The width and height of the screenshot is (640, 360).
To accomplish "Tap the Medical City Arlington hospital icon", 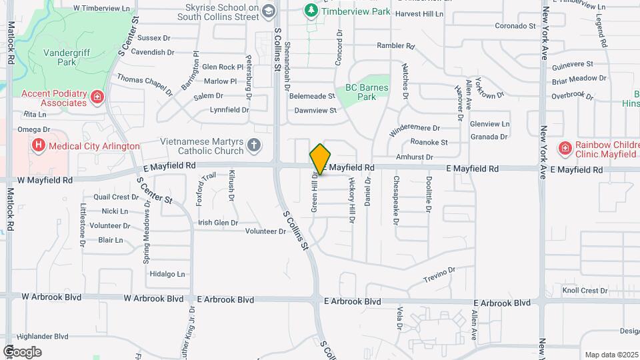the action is pyautogui.click(x=39, y=145).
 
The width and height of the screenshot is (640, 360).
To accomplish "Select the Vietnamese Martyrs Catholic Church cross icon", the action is pyautogui.click(x=253, y=144).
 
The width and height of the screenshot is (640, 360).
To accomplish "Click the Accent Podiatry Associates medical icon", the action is pyautogui.click(x=97, y=98).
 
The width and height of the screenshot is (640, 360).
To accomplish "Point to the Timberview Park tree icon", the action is pyautogui.click(x=311, y=10).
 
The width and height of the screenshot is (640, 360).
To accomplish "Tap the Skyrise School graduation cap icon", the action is pyautogui.click(x=268, y=10).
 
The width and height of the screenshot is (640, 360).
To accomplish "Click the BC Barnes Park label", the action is pyautogui.click(x=362, y=93).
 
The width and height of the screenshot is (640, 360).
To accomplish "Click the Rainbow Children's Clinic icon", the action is pyautogui.click(x=565, y=148).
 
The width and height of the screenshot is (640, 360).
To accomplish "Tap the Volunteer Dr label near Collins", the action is pyautogui.click(x=265, y=231).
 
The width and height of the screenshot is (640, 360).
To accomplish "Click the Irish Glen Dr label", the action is pyautogui.click(x=218, y=223).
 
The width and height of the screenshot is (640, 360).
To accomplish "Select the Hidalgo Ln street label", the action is pyautogui.click(x=167, y=274).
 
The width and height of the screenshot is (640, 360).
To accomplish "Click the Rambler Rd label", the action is pyautogui.click(x=396, y=46).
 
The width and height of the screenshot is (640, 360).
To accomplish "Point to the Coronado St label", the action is pyautogui.click(x=515, y=26).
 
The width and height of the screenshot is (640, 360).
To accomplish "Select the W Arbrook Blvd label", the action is pyautogui.click(x=47, y=297).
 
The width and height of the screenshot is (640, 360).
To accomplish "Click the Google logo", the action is pyautogui.click(x=22, y=352).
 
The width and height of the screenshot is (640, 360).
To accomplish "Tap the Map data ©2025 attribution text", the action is pyautogui.click(x=610, y=355).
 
